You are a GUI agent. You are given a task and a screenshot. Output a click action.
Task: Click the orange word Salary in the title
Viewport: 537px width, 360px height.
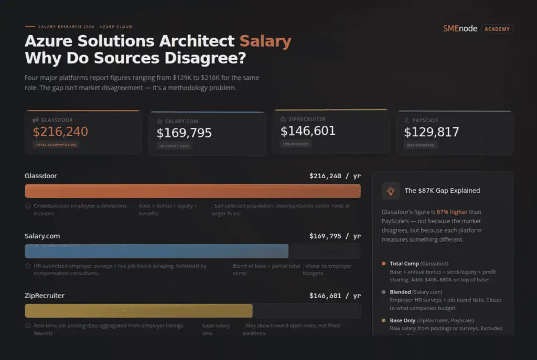pos(265,41)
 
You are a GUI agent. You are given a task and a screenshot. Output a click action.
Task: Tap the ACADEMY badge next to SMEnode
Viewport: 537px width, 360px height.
pos(497,29)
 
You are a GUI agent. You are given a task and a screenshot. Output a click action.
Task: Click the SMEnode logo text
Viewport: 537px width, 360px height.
pos(460,29)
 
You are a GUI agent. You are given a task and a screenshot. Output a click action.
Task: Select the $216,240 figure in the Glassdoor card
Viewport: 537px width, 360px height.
pos(60,132)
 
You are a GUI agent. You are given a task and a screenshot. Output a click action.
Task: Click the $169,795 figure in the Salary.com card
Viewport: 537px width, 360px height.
pos(184,133)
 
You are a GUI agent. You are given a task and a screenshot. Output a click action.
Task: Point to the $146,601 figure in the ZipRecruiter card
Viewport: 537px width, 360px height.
pos(308,131)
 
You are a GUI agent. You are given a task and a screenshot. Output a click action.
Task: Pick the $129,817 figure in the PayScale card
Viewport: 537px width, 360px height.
pos(432,132)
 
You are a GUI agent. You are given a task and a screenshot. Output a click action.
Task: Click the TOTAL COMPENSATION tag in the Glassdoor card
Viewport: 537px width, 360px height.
pos(56,145)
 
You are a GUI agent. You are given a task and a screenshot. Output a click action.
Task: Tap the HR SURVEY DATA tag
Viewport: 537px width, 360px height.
pos(175,146)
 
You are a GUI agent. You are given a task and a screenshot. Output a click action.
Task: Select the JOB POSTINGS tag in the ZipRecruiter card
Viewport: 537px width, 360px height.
pos(296,144)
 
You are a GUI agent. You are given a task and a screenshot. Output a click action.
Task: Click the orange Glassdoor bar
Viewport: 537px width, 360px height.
pos(192,191)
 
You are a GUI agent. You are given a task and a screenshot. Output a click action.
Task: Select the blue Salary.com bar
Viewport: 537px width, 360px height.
pos(156,251)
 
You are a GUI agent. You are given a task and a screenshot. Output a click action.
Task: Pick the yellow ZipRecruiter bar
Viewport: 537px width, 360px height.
pos(138,311)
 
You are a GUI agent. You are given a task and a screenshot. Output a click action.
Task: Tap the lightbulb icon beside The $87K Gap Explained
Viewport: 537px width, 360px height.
pos(390,191)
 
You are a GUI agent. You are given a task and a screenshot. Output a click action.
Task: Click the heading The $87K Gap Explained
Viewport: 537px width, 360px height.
pos(442,191)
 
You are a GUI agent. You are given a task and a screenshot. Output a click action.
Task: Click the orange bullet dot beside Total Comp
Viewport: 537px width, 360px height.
pos(384,264)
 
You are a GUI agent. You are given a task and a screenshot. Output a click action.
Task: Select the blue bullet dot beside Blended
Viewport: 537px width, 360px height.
pos(384,292)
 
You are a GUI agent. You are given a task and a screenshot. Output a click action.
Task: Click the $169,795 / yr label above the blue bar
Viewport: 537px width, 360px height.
pos(335,236)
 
